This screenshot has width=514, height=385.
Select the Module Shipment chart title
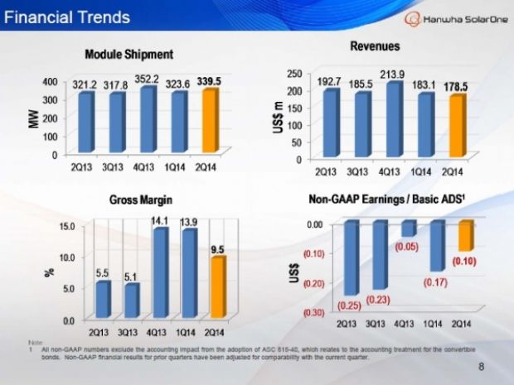pos(128,54)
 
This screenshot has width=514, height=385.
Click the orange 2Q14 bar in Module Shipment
pos(211,120)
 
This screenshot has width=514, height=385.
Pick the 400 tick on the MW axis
pos(49,83)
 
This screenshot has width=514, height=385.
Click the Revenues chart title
pos(375,46)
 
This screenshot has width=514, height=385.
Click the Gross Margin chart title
pos(133,200)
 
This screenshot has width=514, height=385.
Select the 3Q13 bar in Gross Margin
pos(131,301)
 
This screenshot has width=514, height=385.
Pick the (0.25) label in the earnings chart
pos(349,305)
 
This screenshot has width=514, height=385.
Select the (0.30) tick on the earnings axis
pos(313,313)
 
